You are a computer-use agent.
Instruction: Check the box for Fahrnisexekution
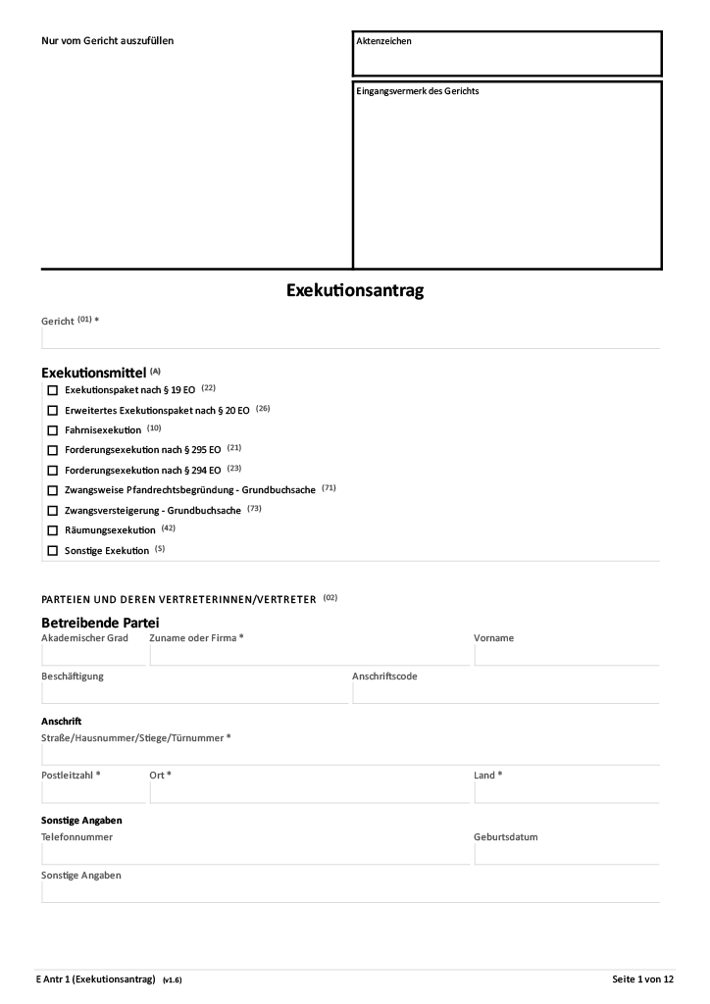tap(53, 430)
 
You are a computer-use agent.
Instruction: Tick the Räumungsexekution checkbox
tap(53, 530)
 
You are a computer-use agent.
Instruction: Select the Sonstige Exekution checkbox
tap(53, 551)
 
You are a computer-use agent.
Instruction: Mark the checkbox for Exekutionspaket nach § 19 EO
tap(53, 390)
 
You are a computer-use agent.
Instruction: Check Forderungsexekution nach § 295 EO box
tap(53, 450)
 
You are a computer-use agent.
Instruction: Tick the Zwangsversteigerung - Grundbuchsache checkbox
tap(53, 511)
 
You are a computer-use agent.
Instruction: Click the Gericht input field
tap(350, 338)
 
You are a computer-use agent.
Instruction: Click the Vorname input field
tap(566, 655)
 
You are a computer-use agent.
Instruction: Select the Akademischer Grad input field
tap(93, 655)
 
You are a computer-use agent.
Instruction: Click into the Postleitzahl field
tap(93, 792)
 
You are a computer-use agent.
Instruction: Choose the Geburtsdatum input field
tap(566, 854)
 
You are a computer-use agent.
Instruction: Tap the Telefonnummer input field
tap(255, 854)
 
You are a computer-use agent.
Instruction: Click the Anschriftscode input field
tap(505, 692)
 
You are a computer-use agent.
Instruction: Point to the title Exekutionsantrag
tap(355, 291)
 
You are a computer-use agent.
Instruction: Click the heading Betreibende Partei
tap(100, 623)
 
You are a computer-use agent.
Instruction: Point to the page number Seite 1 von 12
tap(642, 979)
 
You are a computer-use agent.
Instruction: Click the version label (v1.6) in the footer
tap(173, 979)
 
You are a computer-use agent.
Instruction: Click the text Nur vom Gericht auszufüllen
tap(107, 41)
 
